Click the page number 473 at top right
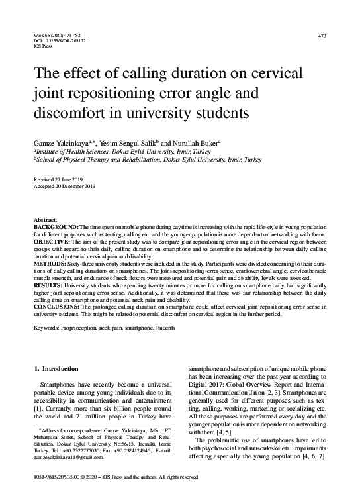[x=322, y=35]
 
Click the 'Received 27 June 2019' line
[x=58, y=179]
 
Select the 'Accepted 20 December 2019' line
[x=64, y=185]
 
